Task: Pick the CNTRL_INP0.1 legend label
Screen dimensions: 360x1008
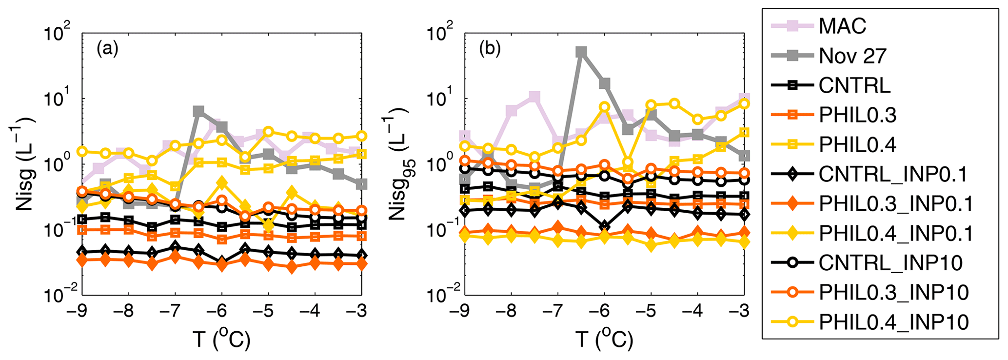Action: pos(893,174)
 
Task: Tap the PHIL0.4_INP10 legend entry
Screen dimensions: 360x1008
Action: pos(893,322)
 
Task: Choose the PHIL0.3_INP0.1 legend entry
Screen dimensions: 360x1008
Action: pos(896,204)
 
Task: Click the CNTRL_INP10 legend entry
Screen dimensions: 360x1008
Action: pos(890,263)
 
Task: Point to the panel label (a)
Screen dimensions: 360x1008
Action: pos(107,49)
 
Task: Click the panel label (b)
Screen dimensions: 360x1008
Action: pos(490,49)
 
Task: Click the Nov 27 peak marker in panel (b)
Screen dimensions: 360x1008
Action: pos(581,52)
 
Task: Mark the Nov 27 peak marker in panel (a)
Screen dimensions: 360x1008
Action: pos(198,111)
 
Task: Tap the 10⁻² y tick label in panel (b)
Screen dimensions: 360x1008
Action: pos(440,296)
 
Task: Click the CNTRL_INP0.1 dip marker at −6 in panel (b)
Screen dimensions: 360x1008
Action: pos(605,225)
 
